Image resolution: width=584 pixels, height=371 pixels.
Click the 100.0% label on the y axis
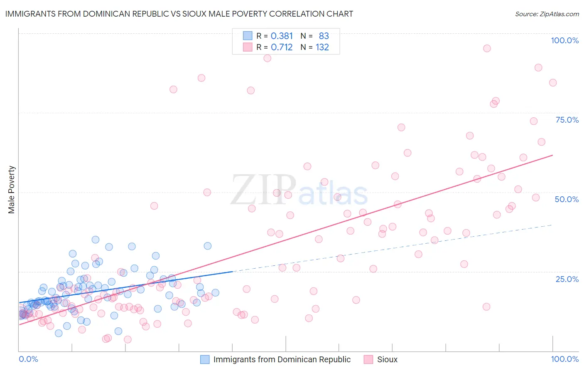pos(564,40)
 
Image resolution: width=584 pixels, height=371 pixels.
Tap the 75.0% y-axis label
pos(567,120)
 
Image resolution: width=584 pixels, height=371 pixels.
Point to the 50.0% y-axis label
pos(567,199)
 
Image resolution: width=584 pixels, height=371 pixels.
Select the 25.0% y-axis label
pos(567,279)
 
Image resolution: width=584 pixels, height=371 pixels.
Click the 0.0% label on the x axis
pos(28,359)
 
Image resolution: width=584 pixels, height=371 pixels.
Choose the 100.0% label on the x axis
pos(564,359)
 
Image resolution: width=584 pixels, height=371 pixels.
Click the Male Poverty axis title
pos(12,190)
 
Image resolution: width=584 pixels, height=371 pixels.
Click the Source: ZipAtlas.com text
pos(547,14)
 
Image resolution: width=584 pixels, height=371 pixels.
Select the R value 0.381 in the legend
pos(282,36)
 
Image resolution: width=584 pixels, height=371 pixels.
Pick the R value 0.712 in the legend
pos(282,47)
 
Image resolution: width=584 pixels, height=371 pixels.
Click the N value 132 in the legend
pos(322,47)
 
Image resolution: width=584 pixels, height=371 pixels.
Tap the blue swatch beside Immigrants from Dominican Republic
pos(205,359)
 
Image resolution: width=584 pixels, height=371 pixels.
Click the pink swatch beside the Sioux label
pos(368,359)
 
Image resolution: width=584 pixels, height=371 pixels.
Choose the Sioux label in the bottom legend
pos(387,359)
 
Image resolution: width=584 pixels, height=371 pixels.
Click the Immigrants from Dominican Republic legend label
pos(282,359)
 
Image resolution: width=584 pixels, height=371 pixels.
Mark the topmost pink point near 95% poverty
pos(487,48)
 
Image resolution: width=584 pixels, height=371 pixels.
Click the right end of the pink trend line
pos(552,155)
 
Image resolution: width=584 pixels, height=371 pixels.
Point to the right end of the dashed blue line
pos(552,225)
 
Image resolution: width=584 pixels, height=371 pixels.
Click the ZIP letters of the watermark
pos(263,190)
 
